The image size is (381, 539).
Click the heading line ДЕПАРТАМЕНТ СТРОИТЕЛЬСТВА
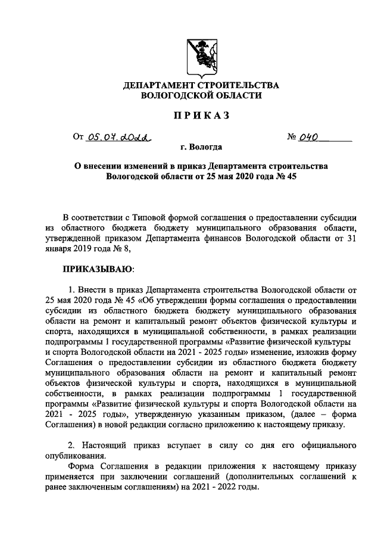(201, 86)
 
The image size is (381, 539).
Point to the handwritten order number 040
(311, 136)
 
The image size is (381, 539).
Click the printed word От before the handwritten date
(78, 137)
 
